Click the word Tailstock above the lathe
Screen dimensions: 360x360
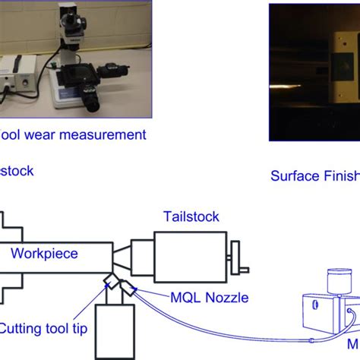191,216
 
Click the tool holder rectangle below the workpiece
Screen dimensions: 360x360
115,330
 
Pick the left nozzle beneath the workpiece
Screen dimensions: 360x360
111,284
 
